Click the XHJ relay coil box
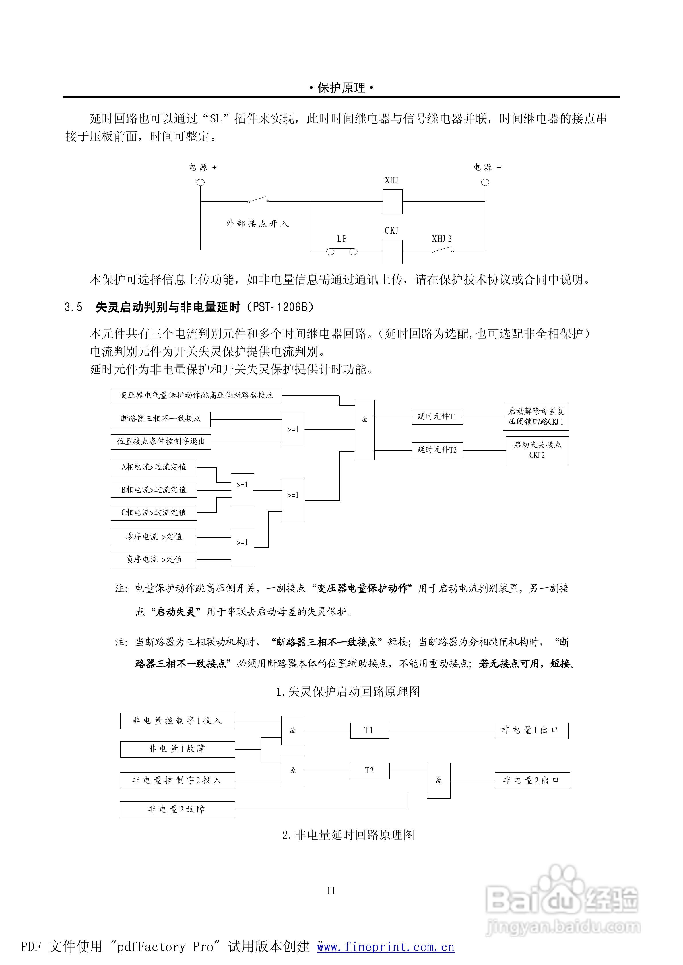[392, 201]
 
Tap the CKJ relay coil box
[392, 251]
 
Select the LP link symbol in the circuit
[341, 252]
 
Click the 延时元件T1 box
[437, 417]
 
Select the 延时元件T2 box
[437, 450]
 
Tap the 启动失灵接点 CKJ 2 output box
[537, 450]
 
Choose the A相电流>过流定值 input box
[154, 467]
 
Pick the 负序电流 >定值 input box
[154, 559]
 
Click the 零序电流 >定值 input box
[154, 537]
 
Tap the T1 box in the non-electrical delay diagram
[369, 730]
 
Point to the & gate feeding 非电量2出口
[439, 781]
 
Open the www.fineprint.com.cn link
[386, 947]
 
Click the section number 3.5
[73, 307]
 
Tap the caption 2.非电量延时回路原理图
[348, 835]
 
